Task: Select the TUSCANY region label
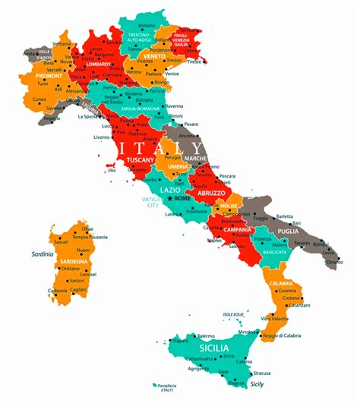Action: (141, 160)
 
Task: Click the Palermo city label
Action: (206, 335)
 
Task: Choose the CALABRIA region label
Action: (282, 283)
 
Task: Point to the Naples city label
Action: (215, 241)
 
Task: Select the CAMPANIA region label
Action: (238, 230)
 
